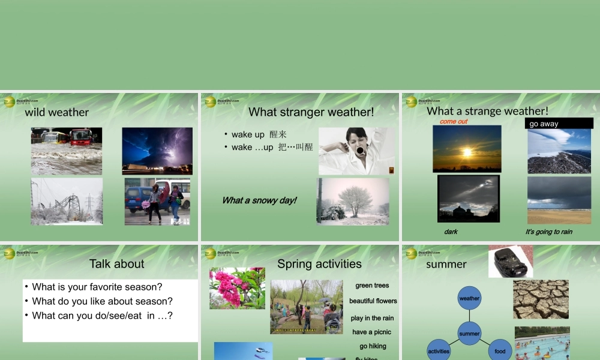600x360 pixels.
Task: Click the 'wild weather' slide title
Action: [56, 112]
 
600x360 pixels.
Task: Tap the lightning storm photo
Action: [157, 150]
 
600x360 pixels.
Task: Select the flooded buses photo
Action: [67, 150]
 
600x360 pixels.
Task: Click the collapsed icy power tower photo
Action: [67, 201]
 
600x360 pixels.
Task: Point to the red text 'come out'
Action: [454, 121]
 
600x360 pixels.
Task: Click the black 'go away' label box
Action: [559, 124]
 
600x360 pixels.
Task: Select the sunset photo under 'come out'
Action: [467, 149]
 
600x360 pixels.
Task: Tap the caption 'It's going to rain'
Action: [549, 232]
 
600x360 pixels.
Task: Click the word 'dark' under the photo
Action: [451, 232]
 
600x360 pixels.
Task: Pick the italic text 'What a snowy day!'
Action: [259, 200]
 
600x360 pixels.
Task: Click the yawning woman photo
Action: [356, 151]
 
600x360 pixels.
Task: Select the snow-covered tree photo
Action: [353, 201]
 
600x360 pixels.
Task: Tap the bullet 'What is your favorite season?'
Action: [97, 287]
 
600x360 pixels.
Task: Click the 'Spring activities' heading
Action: [319, 264]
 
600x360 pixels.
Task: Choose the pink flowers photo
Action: [237, 288]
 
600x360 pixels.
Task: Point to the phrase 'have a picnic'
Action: [371, 332]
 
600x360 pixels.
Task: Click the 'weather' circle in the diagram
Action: [469, 298]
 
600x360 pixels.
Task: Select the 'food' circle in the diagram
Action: [500, 351]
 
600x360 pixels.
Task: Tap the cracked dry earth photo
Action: [541, 299]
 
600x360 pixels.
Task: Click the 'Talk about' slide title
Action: [117, 264]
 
